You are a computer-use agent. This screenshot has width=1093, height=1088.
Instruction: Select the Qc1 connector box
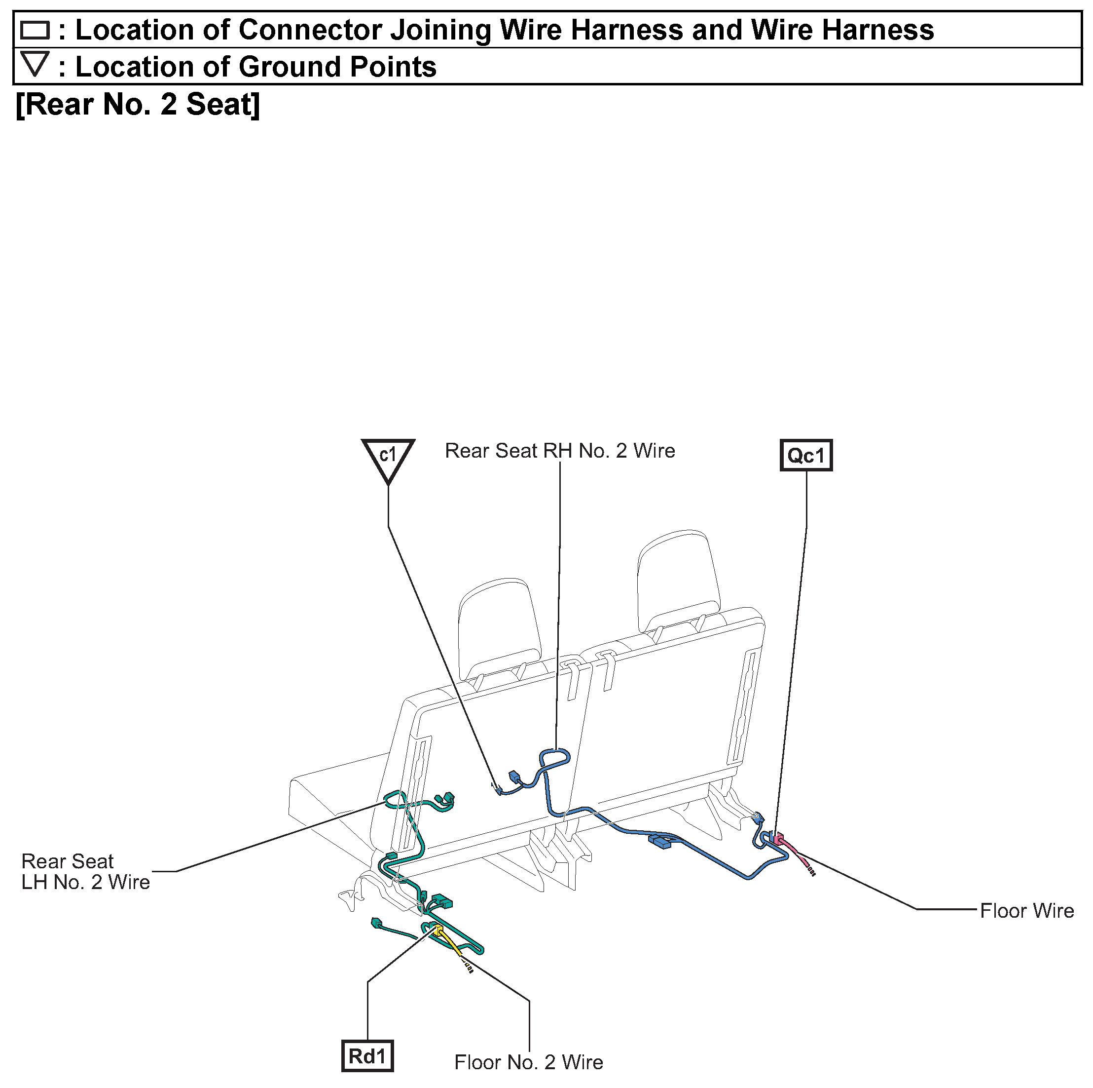(805, 455)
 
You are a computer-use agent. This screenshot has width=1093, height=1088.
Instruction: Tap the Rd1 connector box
(367, 1056)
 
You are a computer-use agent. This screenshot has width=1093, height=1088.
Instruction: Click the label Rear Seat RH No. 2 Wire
(559, 451)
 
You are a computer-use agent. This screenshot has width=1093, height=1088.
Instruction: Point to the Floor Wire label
(1026, 911)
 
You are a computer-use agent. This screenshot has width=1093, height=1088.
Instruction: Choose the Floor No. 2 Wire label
(528, 1062)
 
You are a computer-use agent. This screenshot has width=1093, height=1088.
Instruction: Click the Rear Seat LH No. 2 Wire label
(85, 871)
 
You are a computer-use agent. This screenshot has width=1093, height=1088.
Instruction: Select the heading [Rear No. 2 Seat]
(138, 104)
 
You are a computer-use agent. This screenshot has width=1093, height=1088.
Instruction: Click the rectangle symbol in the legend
(35, 30)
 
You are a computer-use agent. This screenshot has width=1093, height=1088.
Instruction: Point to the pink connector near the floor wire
(779, 837)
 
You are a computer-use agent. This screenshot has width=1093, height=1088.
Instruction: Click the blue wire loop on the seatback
(555, 757)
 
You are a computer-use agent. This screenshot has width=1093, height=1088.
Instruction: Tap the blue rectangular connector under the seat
(659, 842)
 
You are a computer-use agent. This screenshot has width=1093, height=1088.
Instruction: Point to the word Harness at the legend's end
(877, 30)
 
